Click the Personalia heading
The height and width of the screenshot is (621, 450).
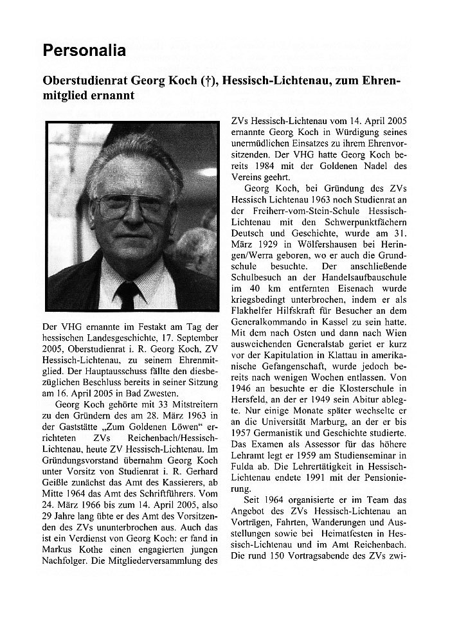[84, 50]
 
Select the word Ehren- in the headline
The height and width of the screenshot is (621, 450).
[373, 82]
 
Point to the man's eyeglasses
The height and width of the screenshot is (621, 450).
[131, 208]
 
